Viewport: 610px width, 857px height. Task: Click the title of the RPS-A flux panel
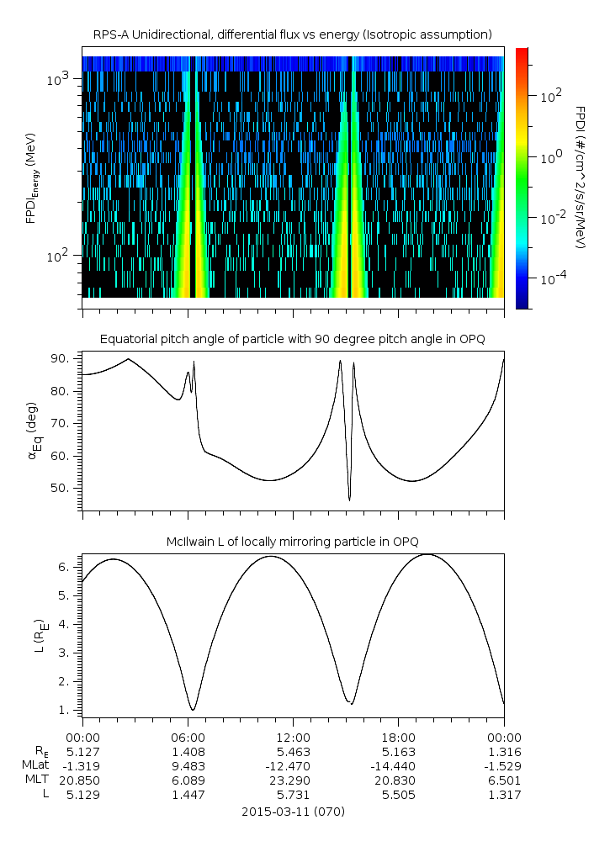293,34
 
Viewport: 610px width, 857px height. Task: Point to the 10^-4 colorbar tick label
551,278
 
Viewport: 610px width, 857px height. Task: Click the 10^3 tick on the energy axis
63,78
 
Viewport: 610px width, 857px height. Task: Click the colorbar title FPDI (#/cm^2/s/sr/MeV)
581,177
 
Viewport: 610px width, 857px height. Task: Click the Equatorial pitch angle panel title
293,339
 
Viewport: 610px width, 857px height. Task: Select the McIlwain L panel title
293,540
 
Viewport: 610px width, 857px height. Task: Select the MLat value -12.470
293,765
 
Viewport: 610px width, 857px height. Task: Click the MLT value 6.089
188,780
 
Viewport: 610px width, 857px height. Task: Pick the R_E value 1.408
188,751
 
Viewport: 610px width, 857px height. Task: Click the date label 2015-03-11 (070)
293,812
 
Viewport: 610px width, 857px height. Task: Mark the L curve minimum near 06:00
193,710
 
